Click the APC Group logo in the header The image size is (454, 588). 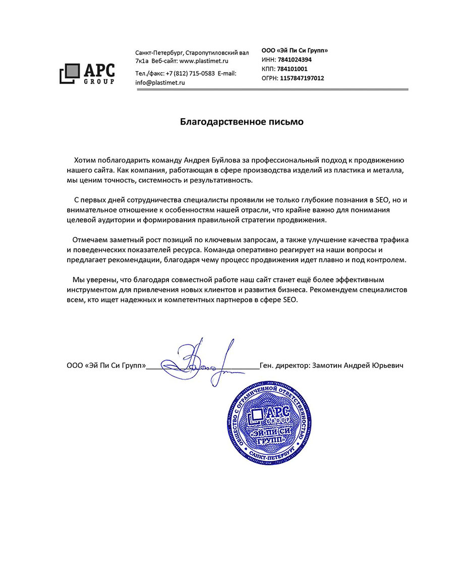coord(87,74)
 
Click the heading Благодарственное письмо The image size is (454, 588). coord(242,122)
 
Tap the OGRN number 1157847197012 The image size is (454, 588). coord(302,78)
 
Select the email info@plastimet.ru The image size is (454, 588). coord(160,82)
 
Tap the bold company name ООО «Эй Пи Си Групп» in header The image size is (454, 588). coord(295,50)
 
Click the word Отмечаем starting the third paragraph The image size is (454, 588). coord(91,239)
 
